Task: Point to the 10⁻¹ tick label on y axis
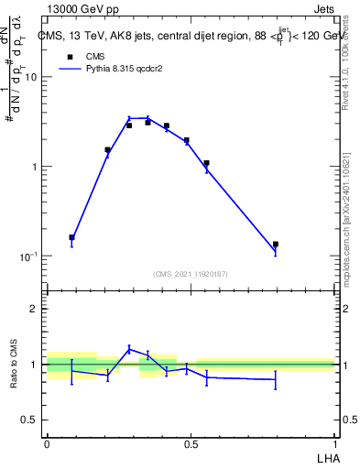[27, 256]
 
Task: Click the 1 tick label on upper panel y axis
[34, 167]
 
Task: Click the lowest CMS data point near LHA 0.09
[72, 237]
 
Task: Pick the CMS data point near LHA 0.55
[207, 163]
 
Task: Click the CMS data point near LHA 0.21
[107, 149]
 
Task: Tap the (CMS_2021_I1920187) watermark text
[190, 274]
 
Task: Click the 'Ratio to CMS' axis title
[14, 365]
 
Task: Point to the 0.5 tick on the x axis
[191, 442]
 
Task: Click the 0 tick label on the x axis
[47, 442]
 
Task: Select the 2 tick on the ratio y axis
[34, 309]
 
